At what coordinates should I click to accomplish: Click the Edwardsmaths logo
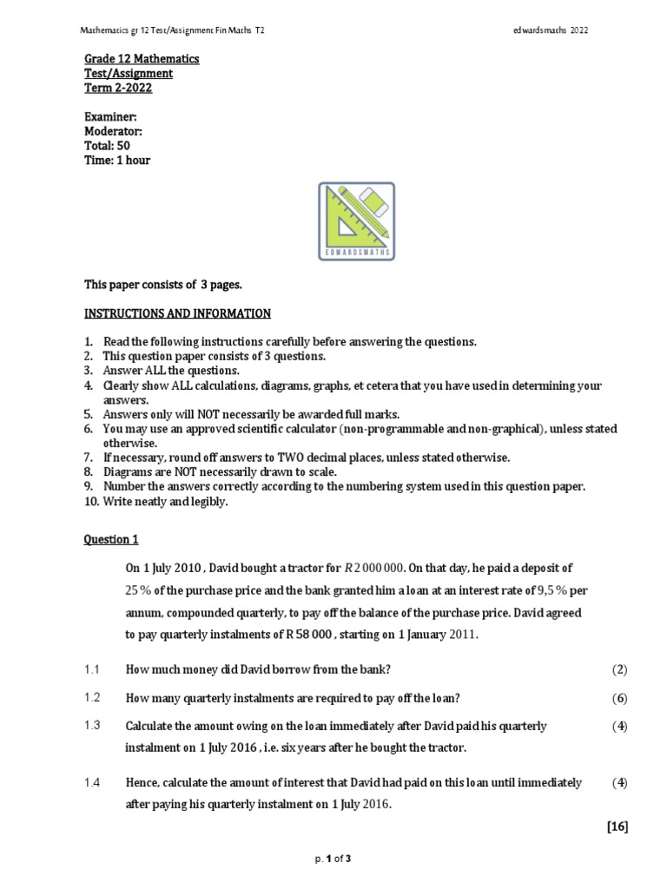(x=356, y=221)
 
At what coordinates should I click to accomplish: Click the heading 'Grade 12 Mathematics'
(x=141, y=59)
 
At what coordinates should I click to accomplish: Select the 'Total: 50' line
(x=107, y=146)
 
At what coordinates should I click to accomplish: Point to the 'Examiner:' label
(x=109, y=116)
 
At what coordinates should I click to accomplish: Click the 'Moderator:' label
(x=113, y=131)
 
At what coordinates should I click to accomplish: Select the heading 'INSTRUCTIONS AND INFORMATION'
(x=177, y=313)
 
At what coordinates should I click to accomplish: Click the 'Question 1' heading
(x=111, y=539)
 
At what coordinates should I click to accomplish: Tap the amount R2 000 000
(x=374, y=569)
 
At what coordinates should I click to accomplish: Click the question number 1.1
(x=93, y=669)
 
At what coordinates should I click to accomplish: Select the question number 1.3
(x=93, y=726)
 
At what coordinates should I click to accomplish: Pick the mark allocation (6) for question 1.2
(x=618, y=698)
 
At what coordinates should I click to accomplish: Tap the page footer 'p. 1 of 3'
(x=333, y=859)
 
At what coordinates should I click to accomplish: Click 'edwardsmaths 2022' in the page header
(x=551, y=30)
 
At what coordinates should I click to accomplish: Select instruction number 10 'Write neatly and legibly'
(x=156, y=502)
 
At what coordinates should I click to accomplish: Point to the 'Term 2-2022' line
(x=117, y=88)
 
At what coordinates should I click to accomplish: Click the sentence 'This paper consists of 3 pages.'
(x=164, y=284)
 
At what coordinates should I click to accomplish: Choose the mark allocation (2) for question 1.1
(x=618, y=669)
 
